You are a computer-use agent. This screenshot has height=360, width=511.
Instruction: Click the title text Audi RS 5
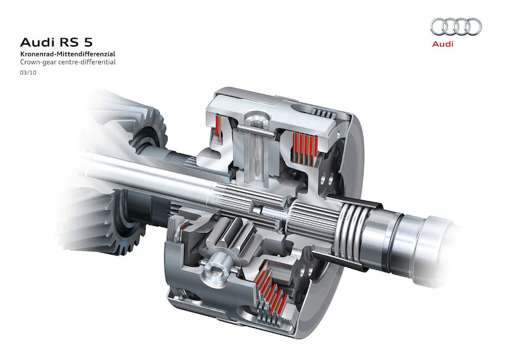tap(56, 42)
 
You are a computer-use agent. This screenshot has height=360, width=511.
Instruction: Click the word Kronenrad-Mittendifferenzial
tap(68, 54)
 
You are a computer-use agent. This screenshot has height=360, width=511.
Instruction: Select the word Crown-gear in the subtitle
tap(37, 62)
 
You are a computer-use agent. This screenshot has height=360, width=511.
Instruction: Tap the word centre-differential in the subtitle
tap(86, 62)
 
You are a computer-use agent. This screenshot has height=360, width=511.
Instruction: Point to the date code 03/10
tap(28, 73)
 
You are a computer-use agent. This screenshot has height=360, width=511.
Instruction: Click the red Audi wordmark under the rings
tap(443, 43)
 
